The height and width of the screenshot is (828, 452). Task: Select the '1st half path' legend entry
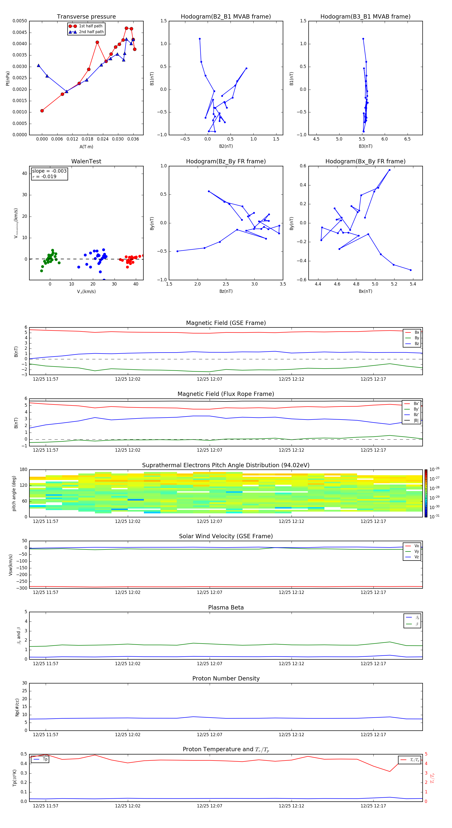point(90,26)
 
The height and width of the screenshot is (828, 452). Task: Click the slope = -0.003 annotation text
point(49,171)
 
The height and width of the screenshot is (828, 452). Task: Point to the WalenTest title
point(86,161)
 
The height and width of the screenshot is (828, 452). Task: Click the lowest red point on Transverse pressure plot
point(42,111)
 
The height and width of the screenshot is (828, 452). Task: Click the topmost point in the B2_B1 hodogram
point(200,39)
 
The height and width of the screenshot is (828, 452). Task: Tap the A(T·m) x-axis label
point(86,147)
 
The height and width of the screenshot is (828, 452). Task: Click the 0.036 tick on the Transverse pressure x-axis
point(133,139)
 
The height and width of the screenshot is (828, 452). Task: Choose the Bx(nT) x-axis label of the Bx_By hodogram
point(365,291)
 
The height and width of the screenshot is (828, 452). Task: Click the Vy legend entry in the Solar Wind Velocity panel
point(416,551)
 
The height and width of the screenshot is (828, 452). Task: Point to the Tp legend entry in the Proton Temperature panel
point(45,759)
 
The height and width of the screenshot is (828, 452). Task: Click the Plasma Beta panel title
point(226,607)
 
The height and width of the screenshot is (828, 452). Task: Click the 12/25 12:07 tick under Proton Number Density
point(209,734)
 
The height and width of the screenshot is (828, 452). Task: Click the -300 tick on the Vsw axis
point(23,588)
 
